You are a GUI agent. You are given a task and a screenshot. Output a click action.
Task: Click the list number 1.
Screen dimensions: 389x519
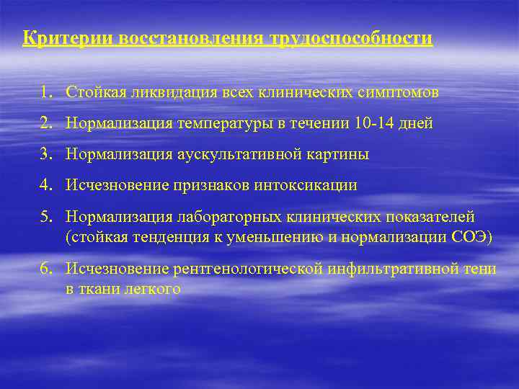pyautogui.click(x=46, y=92)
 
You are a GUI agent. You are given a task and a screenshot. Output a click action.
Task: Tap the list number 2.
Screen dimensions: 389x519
pyautogui.click(x=46, y=123)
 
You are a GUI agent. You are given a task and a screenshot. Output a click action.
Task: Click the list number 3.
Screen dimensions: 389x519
pyautogui.click(x=46, y=154)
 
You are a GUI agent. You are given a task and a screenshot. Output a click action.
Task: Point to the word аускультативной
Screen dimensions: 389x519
pyautogui.click(x=231, y=154)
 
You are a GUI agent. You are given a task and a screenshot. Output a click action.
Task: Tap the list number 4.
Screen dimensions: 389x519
pyautogui.click(x=46, y=185)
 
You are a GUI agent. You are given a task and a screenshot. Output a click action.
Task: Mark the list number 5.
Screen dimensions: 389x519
pyautogui.click(x=46, y=217)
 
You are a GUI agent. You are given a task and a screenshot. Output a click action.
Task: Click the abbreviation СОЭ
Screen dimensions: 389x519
pyautogui.click(x=471, y=238)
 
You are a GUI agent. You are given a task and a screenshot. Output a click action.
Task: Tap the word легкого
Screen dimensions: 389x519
pyautogui.click(x=151, y=290)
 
